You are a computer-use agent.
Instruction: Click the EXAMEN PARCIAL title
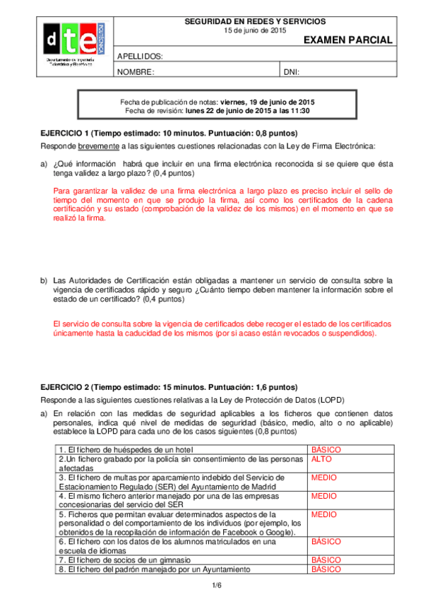347,40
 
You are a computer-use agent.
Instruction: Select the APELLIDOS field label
140,57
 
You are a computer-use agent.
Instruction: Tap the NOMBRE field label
135,72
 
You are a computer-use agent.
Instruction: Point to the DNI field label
292,72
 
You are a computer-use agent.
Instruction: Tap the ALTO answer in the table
321,458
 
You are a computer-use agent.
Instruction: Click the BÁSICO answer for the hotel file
326,449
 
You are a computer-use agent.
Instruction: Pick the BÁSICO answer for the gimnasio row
326,559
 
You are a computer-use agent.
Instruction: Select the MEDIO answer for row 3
323,478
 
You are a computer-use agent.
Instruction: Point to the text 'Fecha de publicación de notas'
170,102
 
